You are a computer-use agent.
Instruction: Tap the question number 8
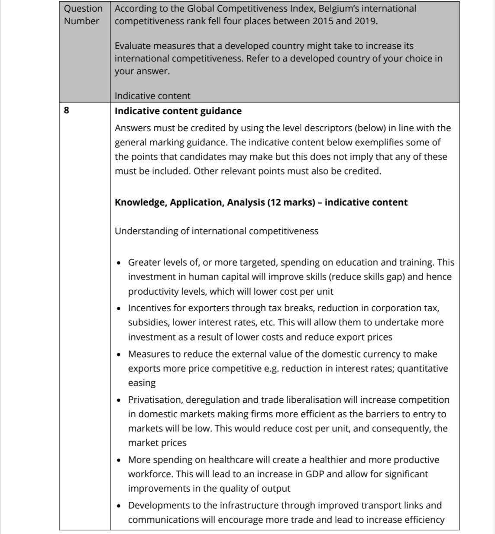pos(66,111)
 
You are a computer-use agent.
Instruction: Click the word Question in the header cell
pos(83,9)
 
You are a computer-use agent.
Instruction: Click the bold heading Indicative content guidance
pos(178,111)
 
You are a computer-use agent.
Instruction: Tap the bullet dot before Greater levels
pos(119,263)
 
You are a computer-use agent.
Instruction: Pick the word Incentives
pos(150,308)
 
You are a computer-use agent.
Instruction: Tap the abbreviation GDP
pos(315,474)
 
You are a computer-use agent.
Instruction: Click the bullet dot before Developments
pos(119,506)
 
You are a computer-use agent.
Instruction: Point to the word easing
pos(142,383)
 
